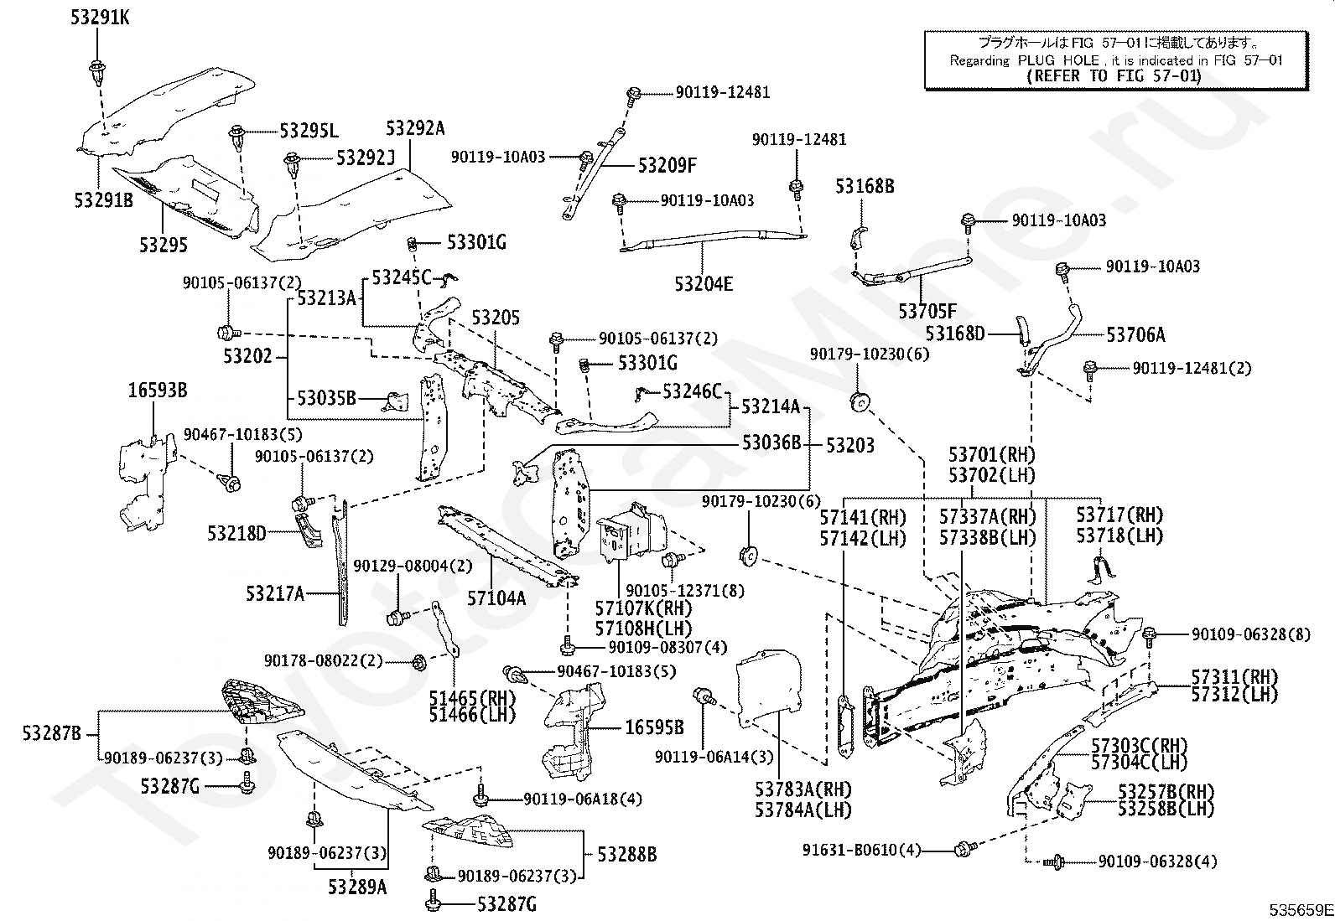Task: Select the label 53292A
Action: [415, 128]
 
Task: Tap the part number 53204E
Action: [704, 284]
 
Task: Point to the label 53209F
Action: [667, 165]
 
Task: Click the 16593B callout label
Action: [158, 391]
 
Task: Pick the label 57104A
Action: [496, 598]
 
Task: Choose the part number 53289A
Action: [357, 887]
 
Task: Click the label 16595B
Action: [654, 728]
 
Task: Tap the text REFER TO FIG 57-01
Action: [1114, 76]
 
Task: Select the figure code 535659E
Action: [1300, 910]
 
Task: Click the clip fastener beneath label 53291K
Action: [96, 71]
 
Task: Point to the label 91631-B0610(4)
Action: [861, 850]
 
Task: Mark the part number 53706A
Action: [1135, 335]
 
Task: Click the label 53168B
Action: [865, 187]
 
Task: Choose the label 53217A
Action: [275, 594]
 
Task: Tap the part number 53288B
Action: [626, 855]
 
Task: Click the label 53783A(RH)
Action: [803, 789]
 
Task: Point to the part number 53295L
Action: [309, 131]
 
